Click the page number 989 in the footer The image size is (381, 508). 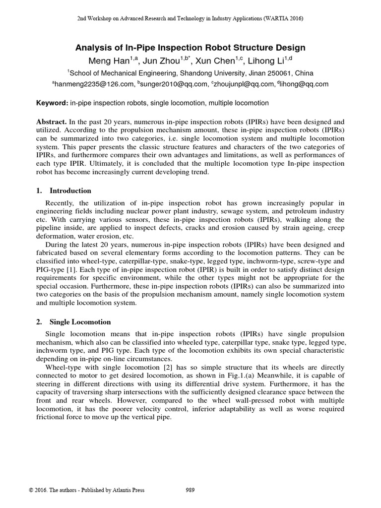(x=190, y=490)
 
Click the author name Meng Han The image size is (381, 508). (x=104, y=61)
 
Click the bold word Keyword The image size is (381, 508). (x=52, y=103)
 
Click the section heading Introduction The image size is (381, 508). (x=71, y=190)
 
